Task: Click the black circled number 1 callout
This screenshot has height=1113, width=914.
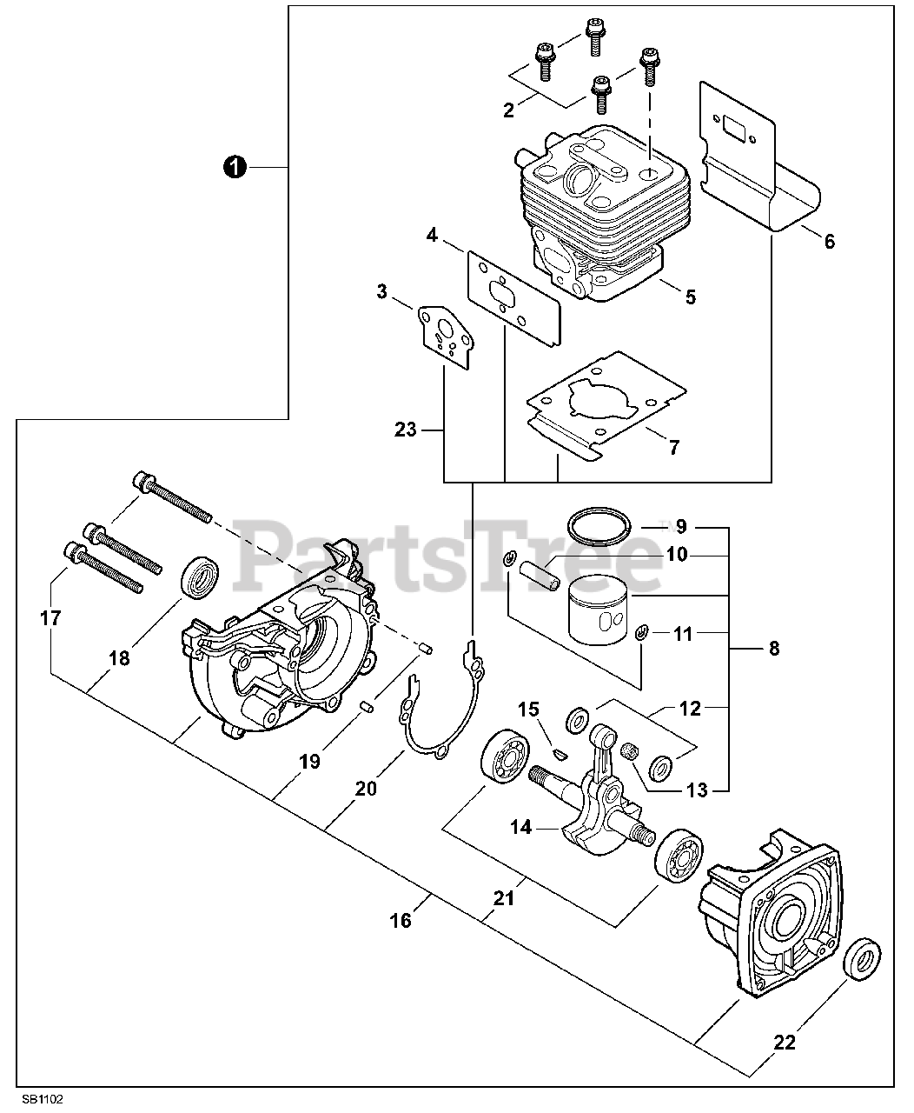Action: pyautogui.click(x=233, y=166)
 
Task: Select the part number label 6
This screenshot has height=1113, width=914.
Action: pyautogui.click(x=829, y=241)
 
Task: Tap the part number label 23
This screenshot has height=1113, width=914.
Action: pyautogui.click(x=406, y=429)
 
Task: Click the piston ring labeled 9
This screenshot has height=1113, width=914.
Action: pyautogui.click(x=598, y=526)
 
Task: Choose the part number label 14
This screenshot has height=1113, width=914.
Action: pyautogui.click(x=520, y=827)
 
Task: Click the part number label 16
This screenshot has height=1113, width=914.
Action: pyautogui.click(x=401, y=919)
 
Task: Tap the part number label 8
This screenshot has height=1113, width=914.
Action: pyautogui.click(x=773, y=648)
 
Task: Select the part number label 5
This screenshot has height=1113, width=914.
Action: pyautogui.click(x=690, y=297)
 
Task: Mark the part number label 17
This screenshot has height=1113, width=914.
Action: pyautogui.click(x=50, y=618)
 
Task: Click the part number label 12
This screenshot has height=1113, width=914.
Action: pyautogui.click(x=689, y=709)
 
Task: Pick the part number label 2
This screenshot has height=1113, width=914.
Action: pyautogui.click(x=509, y=110)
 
